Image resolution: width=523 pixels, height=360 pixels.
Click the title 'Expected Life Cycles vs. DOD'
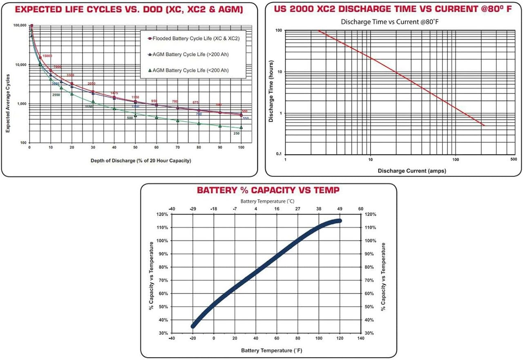click(x=129, y=9)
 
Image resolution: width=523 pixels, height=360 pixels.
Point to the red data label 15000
click(x=47, y=56)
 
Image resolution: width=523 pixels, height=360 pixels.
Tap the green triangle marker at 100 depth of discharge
click(x=241, y=127)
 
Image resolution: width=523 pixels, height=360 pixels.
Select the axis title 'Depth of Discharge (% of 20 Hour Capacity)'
click(x=141, y=161)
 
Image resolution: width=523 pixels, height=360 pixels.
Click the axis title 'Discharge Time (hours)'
click(x=270, y=92)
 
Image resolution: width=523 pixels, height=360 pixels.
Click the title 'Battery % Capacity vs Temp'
click(x=268, y=190)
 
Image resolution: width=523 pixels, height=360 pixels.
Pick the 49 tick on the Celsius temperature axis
click(x=339, y=209)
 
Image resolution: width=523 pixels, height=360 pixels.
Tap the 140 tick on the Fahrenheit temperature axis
click(x=360, y=338)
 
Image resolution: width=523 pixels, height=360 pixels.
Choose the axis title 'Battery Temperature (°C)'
click(x=267, y=201)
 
